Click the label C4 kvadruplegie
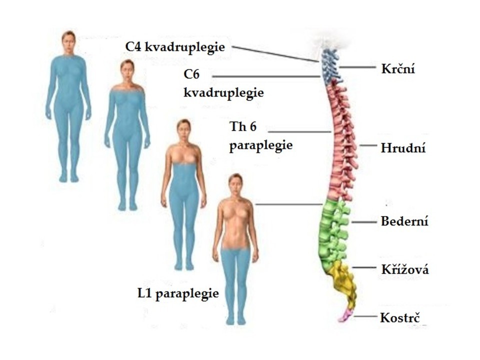coord(175,47)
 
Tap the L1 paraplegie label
coord(178,294)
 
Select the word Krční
coord(398,68)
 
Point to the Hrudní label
coord(403,148)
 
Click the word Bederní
coord(404,221)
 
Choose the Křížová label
coord(405,269)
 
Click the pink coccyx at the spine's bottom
coord(346,315)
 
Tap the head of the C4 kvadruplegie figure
coord(68,42)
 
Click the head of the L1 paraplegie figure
coord(235,185)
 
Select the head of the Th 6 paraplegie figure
coord(183,130)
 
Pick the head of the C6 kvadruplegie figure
coord(127,71)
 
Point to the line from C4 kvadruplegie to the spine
coord(275,54)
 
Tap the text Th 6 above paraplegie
coord(243,126)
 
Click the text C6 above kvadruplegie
coord(191,74)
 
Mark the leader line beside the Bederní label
coord(363,222)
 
